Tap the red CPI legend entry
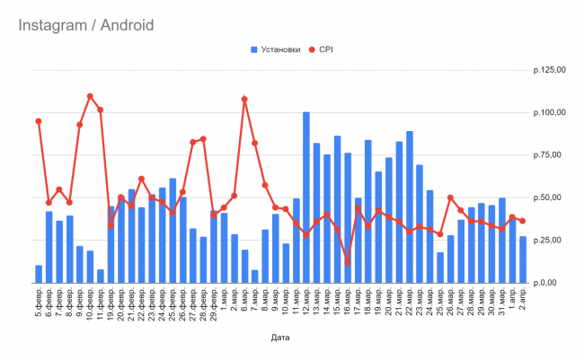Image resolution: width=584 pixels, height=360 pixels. (x=324, y=49)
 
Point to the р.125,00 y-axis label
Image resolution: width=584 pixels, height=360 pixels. (x=548, y=70)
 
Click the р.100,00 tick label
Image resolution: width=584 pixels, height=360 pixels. (x=548, y=113)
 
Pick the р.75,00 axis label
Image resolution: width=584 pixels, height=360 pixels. (x=550, y=155)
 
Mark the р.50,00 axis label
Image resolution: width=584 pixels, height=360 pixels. (x=550, y=198)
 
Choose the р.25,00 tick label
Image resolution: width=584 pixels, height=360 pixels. (x=550, y=241)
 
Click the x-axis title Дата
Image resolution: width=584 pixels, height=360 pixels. (x=280, y=338)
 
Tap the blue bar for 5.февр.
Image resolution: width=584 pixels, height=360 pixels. (x=39, y=274)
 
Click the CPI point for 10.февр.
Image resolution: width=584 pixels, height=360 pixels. (x=90, y=96)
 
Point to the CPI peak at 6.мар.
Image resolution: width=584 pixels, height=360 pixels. (x=244, y=100)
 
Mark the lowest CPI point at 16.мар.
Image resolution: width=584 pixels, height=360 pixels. (x=348, y=262)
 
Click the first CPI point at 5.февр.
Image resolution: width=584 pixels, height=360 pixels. (x=39, y=121)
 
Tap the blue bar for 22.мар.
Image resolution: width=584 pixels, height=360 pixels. (x=410, y=207)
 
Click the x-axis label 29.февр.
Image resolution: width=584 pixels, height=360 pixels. (x=214, y=304)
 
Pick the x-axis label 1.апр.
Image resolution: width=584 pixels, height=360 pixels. (x=512, y=301)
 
